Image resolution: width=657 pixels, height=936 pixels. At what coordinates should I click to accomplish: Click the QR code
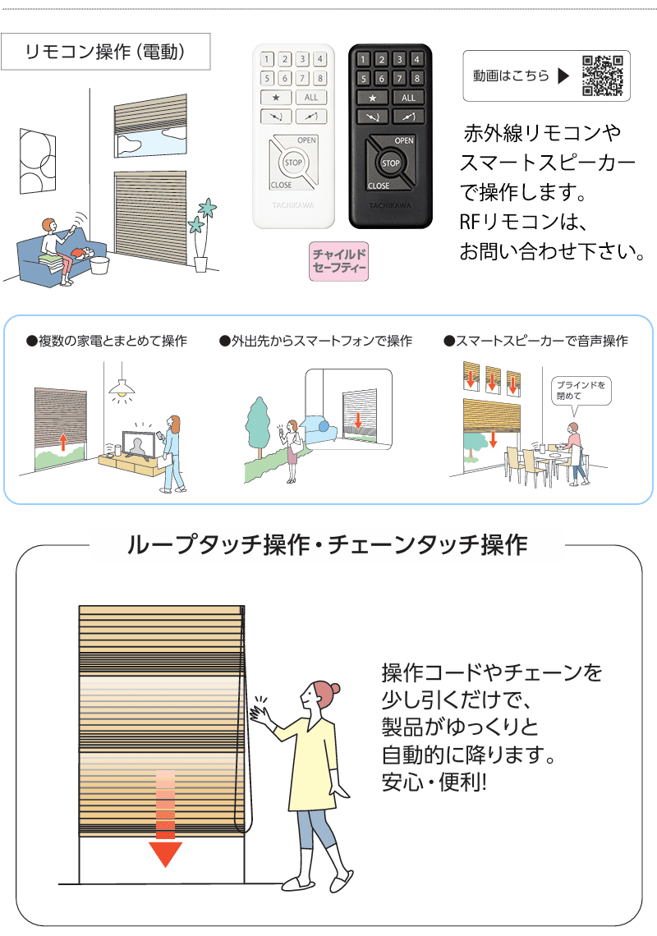(603, 76)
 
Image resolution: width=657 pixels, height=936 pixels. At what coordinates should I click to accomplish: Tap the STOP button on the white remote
(293, 163)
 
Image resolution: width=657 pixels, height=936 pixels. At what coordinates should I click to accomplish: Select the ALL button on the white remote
(310, 97)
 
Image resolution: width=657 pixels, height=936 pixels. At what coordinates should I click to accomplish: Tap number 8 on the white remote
(319, 78)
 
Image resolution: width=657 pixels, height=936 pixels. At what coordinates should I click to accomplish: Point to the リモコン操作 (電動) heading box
(106, 53)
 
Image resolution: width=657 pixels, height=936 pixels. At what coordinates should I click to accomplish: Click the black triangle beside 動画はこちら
(563, 76)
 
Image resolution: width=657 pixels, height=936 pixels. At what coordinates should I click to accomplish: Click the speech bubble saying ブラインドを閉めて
(580, 390)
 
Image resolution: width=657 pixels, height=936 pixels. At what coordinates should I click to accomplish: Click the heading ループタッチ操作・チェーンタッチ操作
(328, 545)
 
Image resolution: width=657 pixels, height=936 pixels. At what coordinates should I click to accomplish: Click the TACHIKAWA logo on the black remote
(390, 209)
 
